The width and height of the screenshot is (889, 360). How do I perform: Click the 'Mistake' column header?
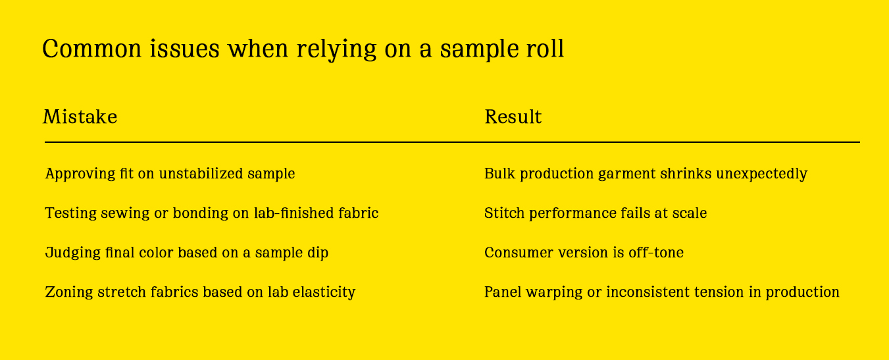click(x=80, y=117)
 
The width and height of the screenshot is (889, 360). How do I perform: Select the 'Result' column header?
click(x=513, y=117)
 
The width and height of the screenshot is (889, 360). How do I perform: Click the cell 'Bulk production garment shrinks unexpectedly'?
click(x=645, y=174)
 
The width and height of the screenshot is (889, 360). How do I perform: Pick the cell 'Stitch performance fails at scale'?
click(x=595, y=213)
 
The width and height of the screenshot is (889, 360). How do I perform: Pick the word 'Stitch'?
click(x=501, y=213)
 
